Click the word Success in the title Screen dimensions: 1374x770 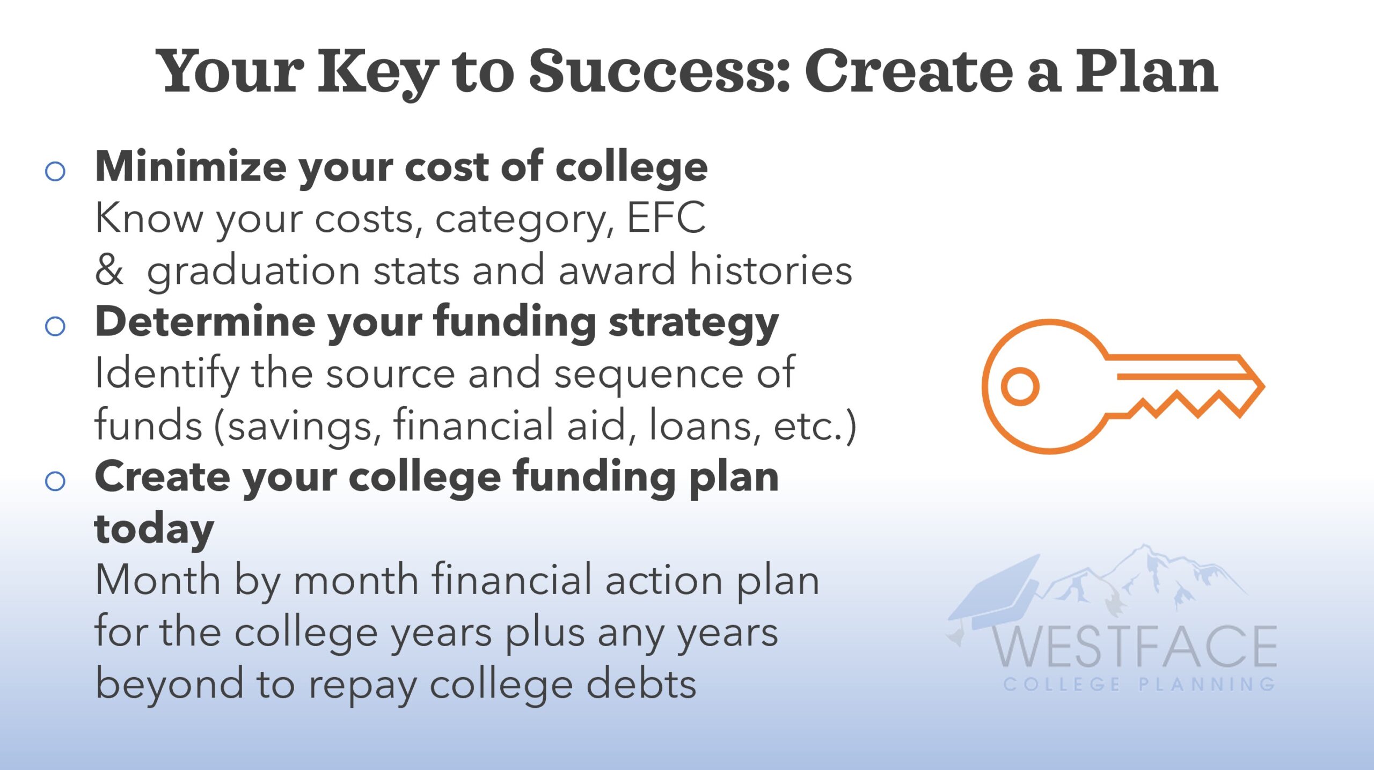click(659, 71)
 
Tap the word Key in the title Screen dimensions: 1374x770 click(378, 75)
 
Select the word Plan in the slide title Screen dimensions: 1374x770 click(1146, 71)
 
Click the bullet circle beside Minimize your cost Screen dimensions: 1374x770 click(55, 172)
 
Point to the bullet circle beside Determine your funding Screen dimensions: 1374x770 click(55, 326)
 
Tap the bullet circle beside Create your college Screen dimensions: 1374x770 click(55, 481)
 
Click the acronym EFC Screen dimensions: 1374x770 click(666, 217)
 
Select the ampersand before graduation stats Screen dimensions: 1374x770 click(109, 269)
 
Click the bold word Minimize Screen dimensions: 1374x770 click(191, 166)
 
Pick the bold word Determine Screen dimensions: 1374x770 click(205, 321)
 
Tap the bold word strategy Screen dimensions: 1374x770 click(693, 324)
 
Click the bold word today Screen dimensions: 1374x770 click(155, 530)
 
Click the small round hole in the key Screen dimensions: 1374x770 click(1020, 386)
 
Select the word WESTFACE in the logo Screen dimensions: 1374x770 click(1134, 646)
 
